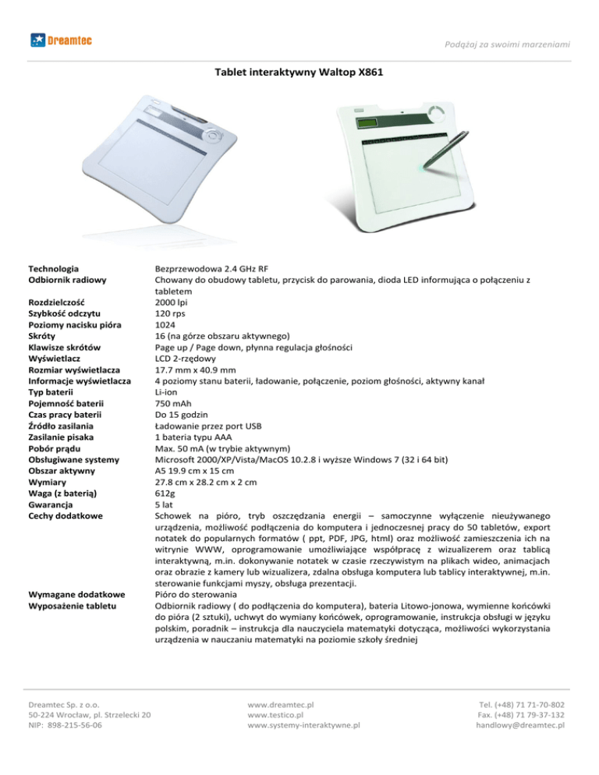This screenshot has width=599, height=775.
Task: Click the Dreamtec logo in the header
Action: click(x=59, y=39)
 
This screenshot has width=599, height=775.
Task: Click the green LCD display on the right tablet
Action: click(x=369, y=122)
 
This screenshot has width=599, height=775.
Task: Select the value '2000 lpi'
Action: click(x=170, y=301)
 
